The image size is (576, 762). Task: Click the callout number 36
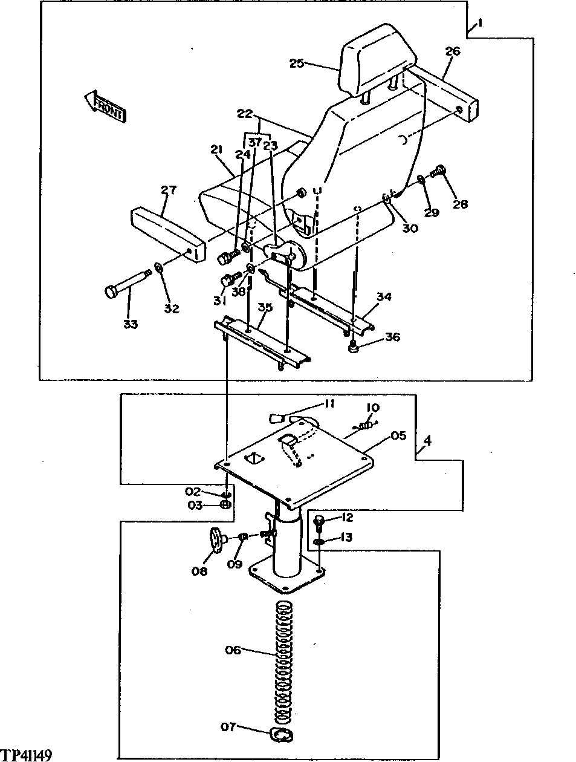[x=392, y=337]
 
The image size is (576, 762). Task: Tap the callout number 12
[x=346, y=518]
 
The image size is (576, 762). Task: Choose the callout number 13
[x=346, y=537]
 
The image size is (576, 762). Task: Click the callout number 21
[x=217, y=149]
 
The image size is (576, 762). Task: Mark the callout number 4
[x=427, y=441]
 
